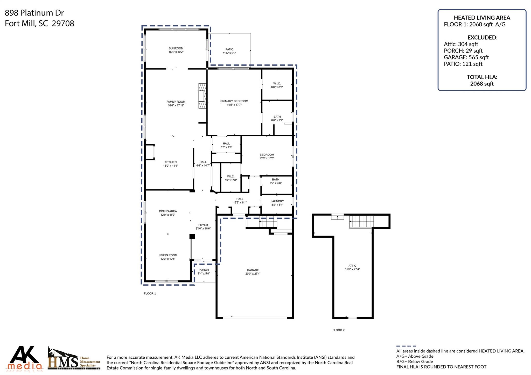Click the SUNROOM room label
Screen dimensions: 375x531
[x=176, y=48]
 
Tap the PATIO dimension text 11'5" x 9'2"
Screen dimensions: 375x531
[x=229, y=53]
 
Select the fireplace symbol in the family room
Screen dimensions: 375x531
[x=202, y=96]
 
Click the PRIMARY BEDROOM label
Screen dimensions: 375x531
[x=234, y=101]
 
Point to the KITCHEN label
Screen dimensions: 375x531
[x=170, y=162]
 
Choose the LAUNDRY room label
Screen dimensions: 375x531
[x=277, y=201]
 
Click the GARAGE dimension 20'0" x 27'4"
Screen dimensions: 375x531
[x=253, y=274]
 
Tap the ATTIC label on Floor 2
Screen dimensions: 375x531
[x=352, y=266]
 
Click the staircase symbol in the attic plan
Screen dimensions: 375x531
[x=361, y=222]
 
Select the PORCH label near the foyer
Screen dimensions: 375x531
[x=204, y=270]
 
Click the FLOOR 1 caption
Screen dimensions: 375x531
[x=150, y=293]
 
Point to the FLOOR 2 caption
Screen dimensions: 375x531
[x=338, y=330]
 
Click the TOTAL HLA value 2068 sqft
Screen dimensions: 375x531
[x=482, y=84]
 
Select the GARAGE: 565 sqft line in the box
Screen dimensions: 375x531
[x=466, y=57]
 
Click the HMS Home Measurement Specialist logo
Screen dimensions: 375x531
[x=74, y=359]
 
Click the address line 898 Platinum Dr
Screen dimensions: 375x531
[x=34, y=13]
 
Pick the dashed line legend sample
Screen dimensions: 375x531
[x=406, y=346]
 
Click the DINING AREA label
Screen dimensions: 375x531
[x=168, y=211]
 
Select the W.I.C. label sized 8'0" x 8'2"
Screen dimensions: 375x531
[x=277, y=83]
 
